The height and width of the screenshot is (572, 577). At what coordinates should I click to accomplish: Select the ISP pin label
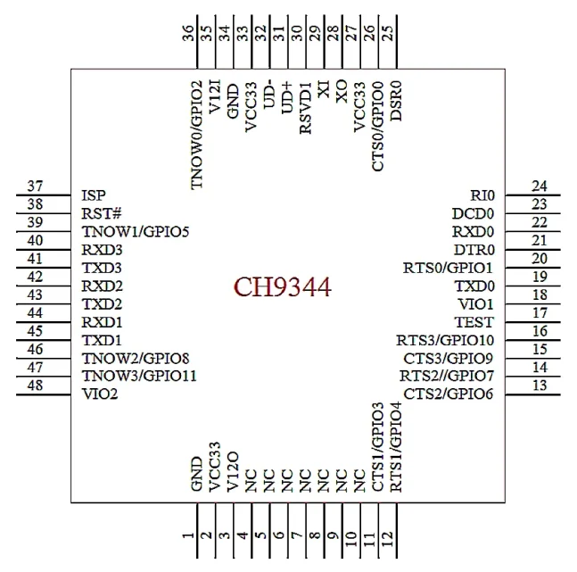pyautogui.click(x=93, y=195)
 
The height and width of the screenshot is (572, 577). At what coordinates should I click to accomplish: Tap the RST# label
pyautogui.click(x=97, y=213)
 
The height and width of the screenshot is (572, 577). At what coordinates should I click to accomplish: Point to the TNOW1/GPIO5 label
pyautogui.click(x=135, y=231)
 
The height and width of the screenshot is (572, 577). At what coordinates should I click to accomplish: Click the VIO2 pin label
pyautogui.click(x=99, y=394)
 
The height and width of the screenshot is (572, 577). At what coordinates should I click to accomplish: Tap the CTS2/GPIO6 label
pyautogui.click(x=449, y=394)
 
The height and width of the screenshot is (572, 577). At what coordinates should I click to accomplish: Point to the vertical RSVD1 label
pyautogui.click(x=306, y=110)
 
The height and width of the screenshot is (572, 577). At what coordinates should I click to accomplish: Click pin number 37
pyautogui.click(x=36, y=187)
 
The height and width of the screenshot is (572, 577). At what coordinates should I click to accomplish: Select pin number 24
pyautogui.click(x=539, y=187)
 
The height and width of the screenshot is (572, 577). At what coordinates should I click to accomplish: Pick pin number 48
pyautogui.click(x=36, y=385)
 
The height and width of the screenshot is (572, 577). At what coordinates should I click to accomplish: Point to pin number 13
pyautogui.click(x=539, y=385)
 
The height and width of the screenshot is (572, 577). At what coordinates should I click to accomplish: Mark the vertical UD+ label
pyautogui.click(x=287, y=98)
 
